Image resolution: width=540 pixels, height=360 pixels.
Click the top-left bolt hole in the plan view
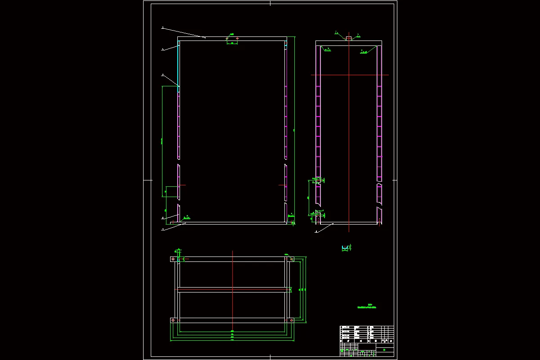coord(173,259)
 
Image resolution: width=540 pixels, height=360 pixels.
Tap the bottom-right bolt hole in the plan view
coord(292,320)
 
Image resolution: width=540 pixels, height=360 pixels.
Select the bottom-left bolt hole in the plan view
coord(173,320)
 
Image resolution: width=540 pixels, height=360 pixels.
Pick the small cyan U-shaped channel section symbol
coord(345,248)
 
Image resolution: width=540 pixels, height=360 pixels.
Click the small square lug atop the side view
coord(348,39)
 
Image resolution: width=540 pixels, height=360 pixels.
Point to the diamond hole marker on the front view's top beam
coord(227,39)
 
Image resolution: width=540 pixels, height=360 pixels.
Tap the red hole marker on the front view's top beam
coord(237,39)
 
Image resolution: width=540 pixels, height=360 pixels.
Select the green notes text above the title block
coord(366,306)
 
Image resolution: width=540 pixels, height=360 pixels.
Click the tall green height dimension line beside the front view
coord(294,130)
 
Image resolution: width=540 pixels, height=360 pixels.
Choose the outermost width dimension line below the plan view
coord(232,341)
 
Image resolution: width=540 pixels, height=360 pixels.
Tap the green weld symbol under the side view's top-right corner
coord(364,52)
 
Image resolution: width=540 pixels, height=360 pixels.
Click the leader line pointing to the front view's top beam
coord(184,32)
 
